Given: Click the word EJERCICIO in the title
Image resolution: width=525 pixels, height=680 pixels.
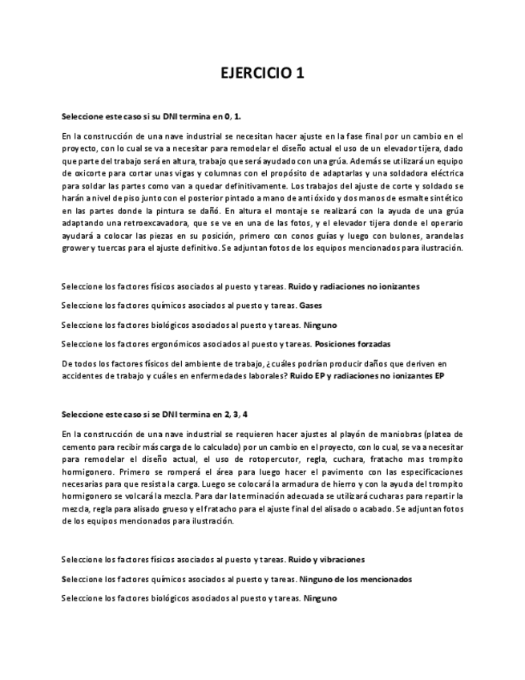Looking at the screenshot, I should click(x=254, y=74).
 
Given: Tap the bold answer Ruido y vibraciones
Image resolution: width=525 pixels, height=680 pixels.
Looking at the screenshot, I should click(x=326, y=559).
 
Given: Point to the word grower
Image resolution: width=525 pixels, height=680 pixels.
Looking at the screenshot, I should click(x=74, y=249).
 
